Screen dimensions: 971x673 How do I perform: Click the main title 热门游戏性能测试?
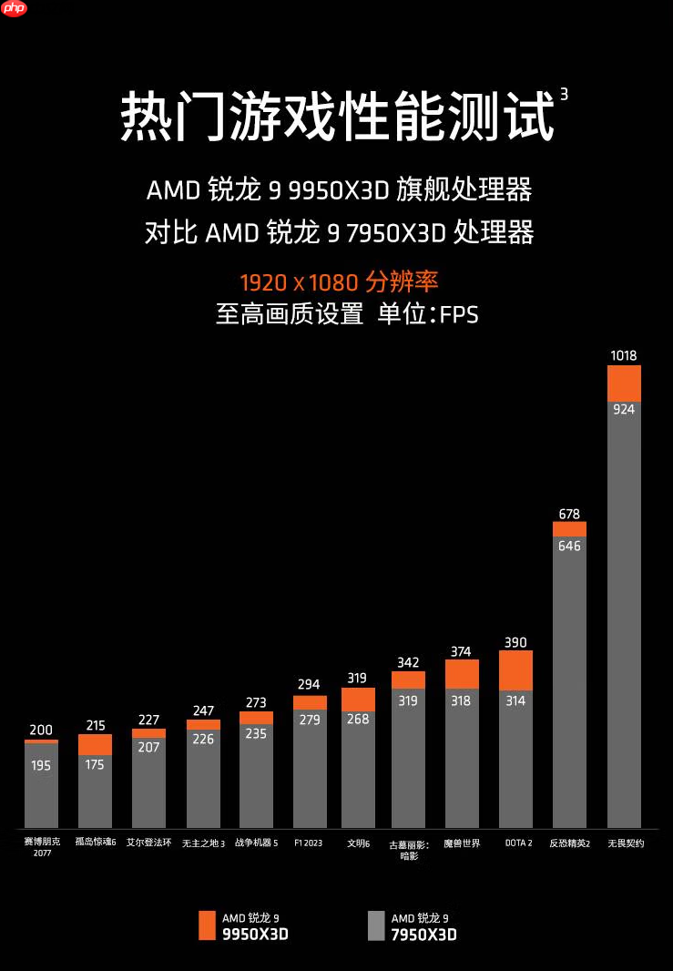click(x=337, y=117)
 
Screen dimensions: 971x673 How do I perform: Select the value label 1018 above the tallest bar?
click(x=624, y=355)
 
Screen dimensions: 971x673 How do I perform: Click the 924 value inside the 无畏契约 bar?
click(x=624, y=409)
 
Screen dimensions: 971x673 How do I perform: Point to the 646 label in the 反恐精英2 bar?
click(x=569, y=547)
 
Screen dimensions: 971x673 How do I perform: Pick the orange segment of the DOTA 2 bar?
click(x=515, y=669)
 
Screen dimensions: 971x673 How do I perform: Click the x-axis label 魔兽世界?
click(x=462, y=843)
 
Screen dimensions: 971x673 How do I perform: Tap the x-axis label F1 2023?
click(x=309, y=843)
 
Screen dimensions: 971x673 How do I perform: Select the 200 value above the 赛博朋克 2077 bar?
click(x=41, y=730)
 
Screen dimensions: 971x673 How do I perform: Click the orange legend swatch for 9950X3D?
click(x=207, y=925)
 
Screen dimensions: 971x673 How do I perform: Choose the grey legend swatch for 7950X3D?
click(x=376, y=925)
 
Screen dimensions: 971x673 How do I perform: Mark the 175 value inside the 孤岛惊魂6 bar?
click(x=95, y=764)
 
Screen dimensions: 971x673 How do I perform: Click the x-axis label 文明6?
click(x=358, y=843)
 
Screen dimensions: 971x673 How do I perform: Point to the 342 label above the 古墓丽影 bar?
click(x=408, y=662)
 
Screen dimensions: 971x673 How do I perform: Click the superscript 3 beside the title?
click(x=564, y=94)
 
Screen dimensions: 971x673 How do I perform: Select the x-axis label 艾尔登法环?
click(x=148, y=843)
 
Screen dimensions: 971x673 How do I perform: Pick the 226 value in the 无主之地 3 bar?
click(x=203, y=739)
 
